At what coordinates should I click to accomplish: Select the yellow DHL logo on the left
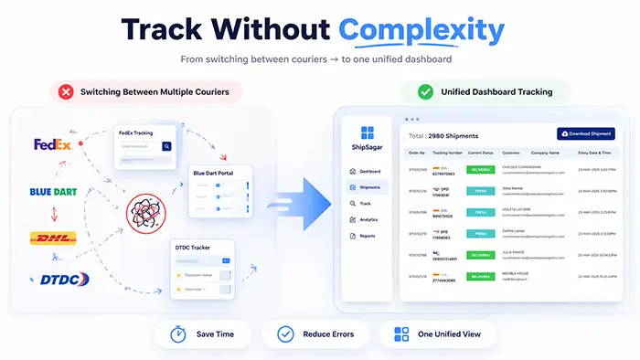53,238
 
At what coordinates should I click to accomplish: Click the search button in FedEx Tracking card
166,146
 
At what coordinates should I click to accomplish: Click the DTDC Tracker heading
197,247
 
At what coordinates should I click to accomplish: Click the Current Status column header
482,153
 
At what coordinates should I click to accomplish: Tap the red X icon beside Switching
67,91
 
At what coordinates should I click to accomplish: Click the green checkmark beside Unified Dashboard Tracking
426,91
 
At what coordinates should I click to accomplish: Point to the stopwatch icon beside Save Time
176,334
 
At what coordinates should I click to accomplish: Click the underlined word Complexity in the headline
421,30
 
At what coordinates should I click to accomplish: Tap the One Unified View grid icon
400,334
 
